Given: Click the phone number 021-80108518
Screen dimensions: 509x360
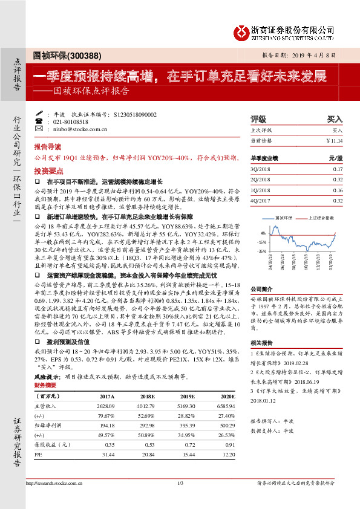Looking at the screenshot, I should (72, 122).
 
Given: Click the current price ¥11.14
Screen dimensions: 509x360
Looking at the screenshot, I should (334, 140).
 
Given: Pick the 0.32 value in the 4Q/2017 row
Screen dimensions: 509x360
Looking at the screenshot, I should (338, 200).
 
